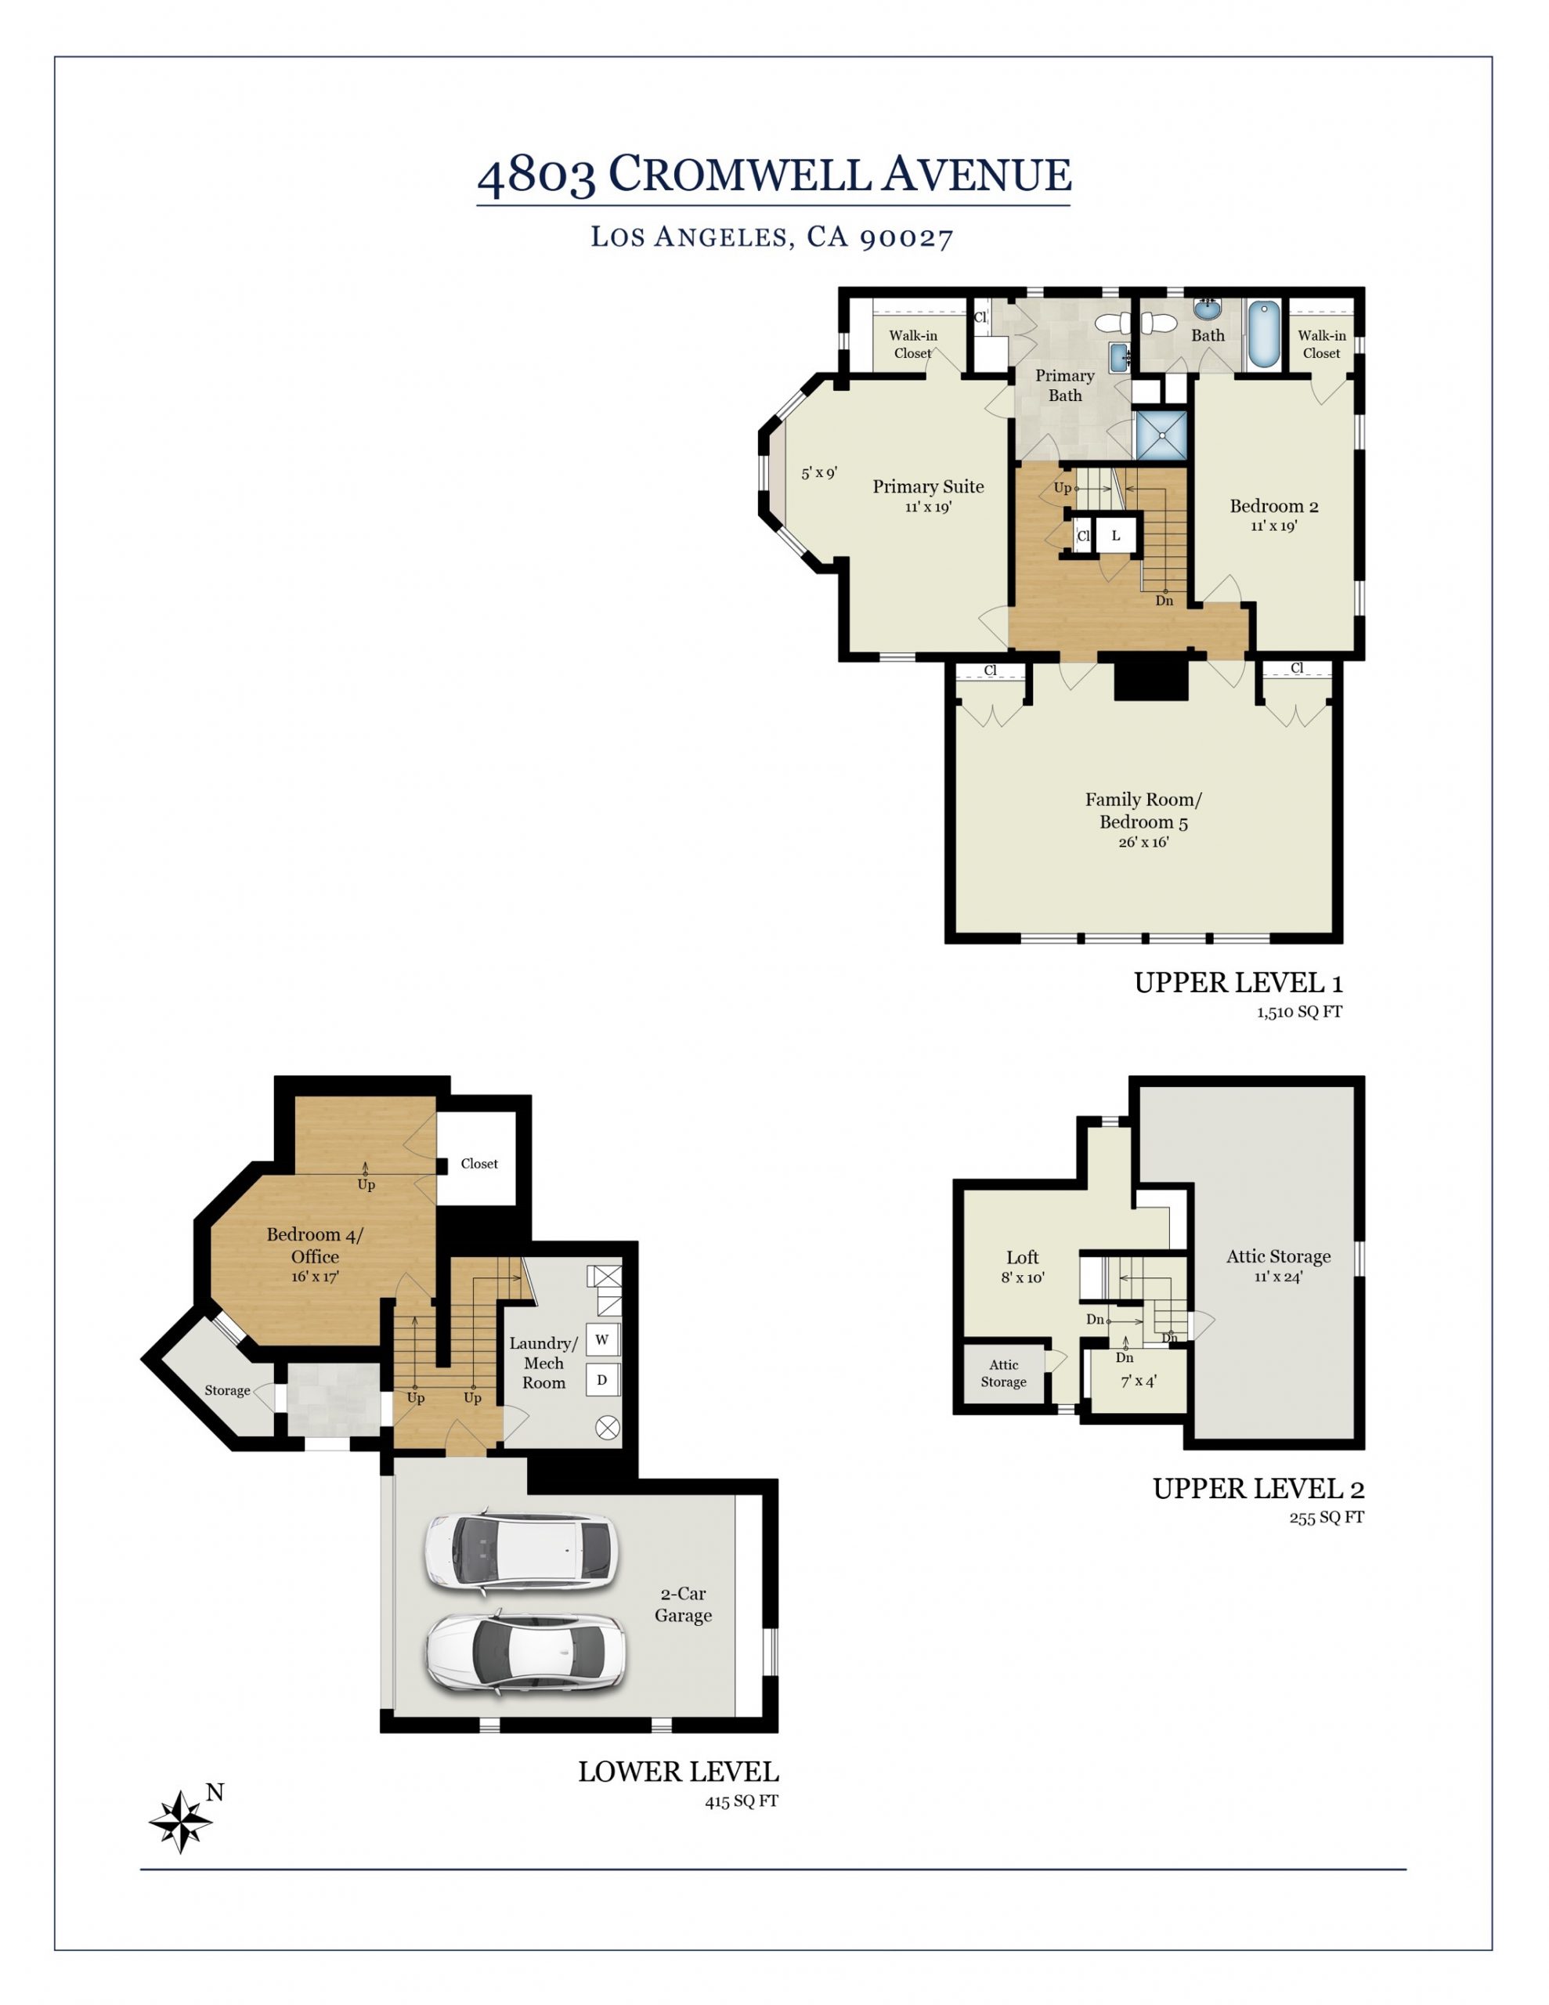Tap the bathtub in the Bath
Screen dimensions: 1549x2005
click(1263, 335)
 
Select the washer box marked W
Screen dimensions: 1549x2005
click(602, 1339)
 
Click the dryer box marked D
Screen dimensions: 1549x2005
click(602, 1380)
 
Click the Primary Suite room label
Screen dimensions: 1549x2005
click(927, 486)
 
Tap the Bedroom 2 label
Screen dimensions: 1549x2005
click(1273, 506)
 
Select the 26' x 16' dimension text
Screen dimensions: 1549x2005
click(1143, 842)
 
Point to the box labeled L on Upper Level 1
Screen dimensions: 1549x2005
click(1116, 535)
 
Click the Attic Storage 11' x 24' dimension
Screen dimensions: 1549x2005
click(1278, 1276)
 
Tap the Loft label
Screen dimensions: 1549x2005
click(1022, 1257)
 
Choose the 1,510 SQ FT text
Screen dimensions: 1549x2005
click(1299, 1012)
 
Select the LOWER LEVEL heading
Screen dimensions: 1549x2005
click(677, 1772)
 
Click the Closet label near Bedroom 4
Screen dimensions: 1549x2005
click(479, 1163)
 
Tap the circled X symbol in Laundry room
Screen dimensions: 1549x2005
click(607, 1427)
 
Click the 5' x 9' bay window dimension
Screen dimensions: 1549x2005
click(819, 473)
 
